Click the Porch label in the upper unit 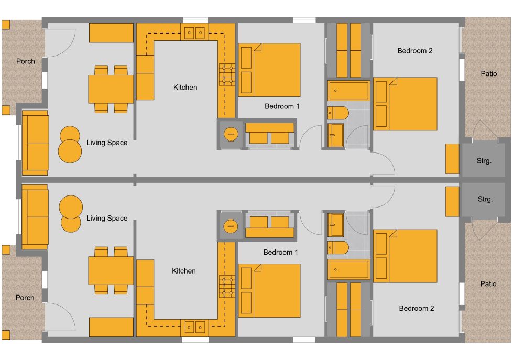tap(26, 61)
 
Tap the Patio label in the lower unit tap(488, 284)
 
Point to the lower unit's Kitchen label tap(184, 271)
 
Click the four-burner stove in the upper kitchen tap(227, 74)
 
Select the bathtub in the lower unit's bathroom tap(348, 269)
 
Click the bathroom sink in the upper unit tap(335, 135)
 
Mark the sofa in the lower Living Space tap(35, 216)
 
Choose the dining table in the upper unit tap(111, 89)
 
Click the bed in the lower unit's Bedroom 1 tap(269, 290)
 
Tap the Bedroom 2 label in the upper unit tap(415, 51)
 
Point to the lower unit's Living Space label tap(107, 218)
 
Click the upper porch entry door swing tap(63, 41)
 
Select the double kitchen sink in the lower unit tap(195, 327)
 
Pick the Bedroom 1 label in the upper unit tap(282, 106)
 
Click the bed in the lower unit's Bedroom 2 tap(405, 255)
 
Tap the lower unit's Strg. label tap(485, 199)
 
